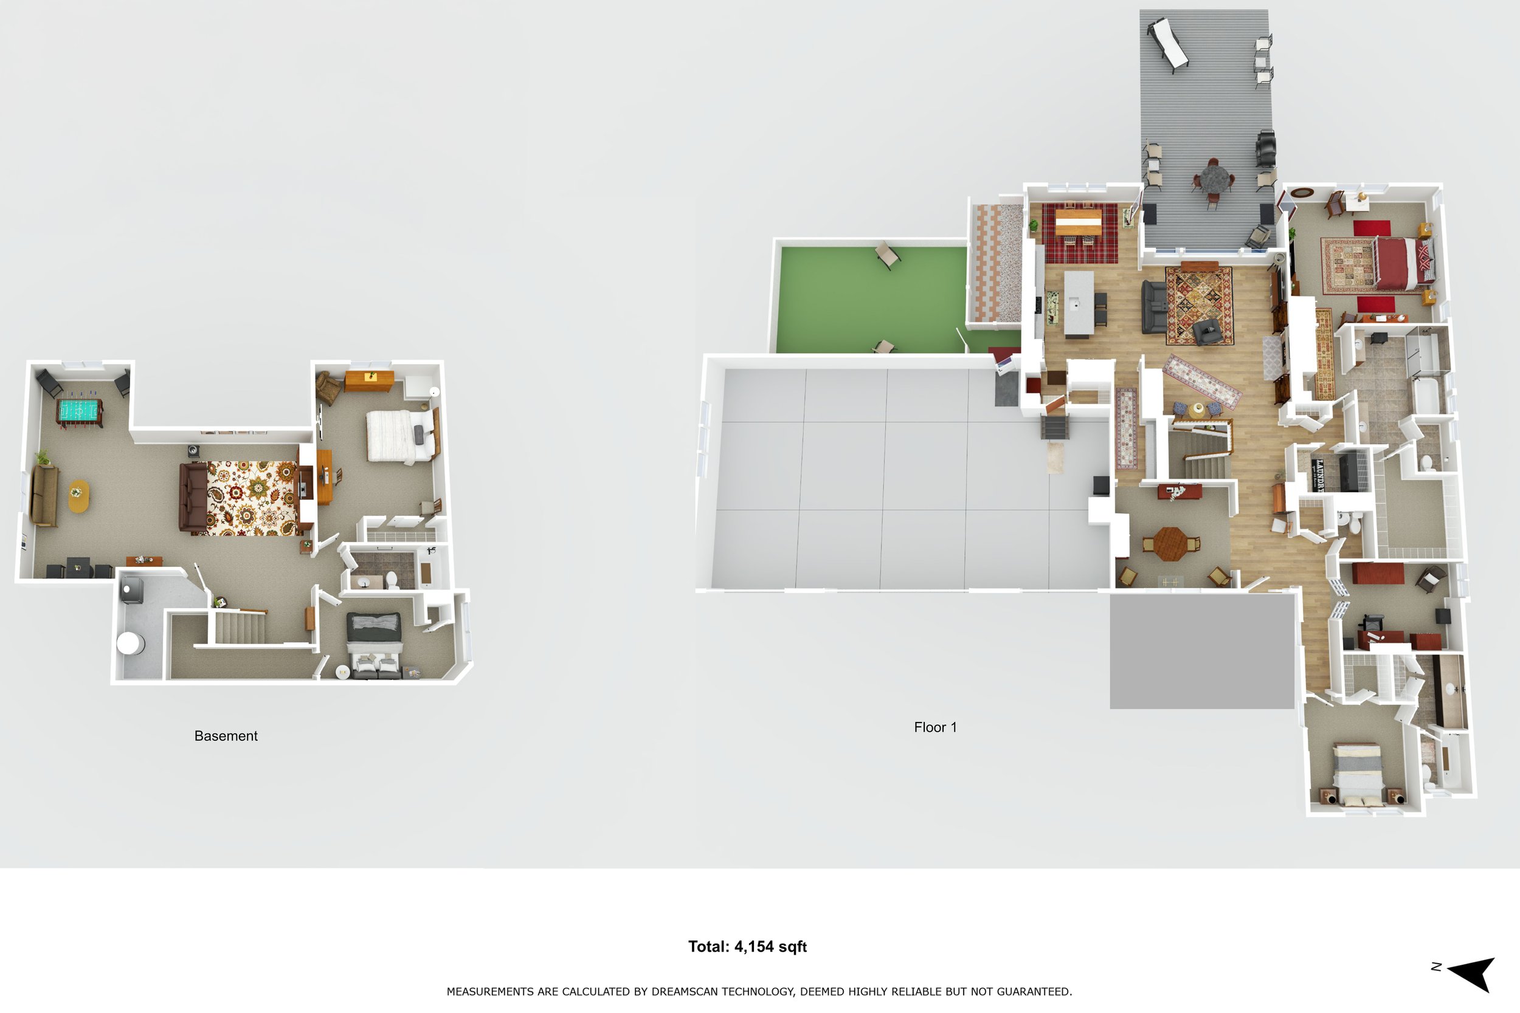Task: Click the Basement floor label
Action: point(226,736)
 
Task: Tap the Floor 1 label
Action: point(935,727)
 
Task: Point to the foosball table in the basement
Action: point(80,411)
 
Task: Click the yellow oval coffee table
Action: point(79,496)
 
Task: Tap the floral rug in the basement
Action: point(253,498)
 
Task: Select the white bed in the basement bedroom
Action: point(398,437)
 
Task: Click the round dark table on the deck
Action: point(1212,179)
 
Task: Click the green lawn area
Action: point(869,300)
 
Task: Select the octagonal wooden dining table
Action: point(1170,544)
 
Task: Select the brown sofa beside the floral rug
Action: point(193,498)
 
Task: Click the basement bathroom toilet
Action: point(392,579)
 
